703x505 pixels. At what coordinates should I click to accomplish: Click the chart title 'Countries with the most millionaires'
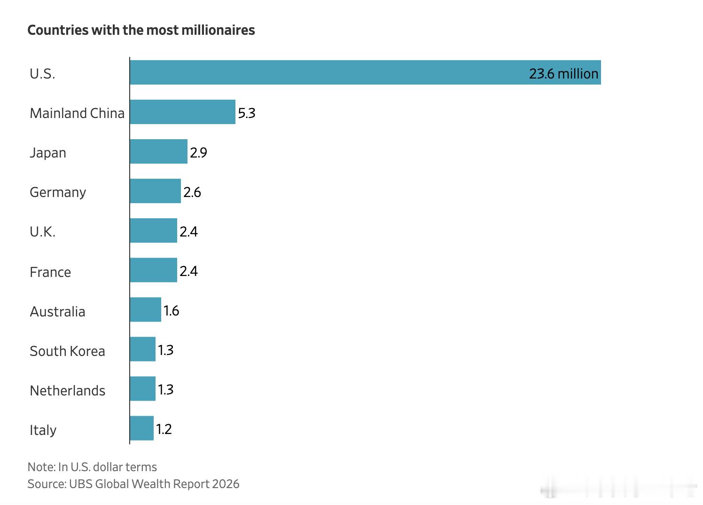pyautogui.click(x=141, y=30)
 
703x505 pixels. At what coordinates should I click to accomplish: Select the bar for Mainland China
pyautogui.click(x=183, y=112)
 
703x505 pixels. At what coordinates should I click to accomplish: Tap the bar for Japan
pyautogui.click(x=159, y=151)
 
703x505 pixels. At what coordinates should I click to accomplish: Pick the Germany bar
pyautogui.click(x=156, y=191)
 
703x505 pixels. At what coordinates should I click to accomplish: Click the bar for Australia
pyautogui.click(x=146, y=309)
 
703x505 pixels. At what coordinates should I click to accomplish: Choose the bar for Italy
pyautogui.click(x=142, y=428)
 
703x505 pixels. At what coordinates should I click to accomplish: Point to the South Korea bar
pyautogui.click(x=143, y=349)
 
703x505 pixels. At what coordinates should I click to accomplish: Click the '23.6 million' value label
pyautogui.click(x=563, y=74)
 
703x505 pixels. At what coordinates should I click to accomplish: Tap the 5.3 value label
pyautogui.click(x=247, y=113)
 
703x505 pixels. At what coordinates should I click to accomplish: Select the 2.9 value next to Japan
pyautogui.click(x=198, y=153)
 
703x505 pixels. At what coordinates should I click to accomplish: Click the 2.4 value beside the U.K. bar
pyautogui.click(x=188, y=232)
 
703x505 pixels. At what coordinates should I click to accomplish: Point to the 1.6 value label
pyautogui.click(x=172, y=311)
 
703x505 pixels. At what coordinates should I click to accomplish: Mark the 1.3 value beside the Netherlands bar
pyautogui.click(x=166, y=390)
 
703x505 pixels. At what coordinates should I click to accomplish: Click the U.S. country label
pyautogui.click(x=42, y=74)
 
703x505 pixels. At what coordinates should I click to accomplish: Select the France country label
pyautogui.click(x=50, y=272)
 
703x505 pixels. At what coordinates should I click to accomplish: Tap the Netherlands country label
pyautogui.click(x=68, y=390)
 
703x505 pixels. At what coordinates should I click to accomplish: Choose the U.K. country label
pyautogui.click(x=42, y=232)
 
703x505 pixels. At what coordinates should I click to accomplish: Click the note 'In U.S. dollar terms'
pyautogui.click(x=107, y=467)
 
